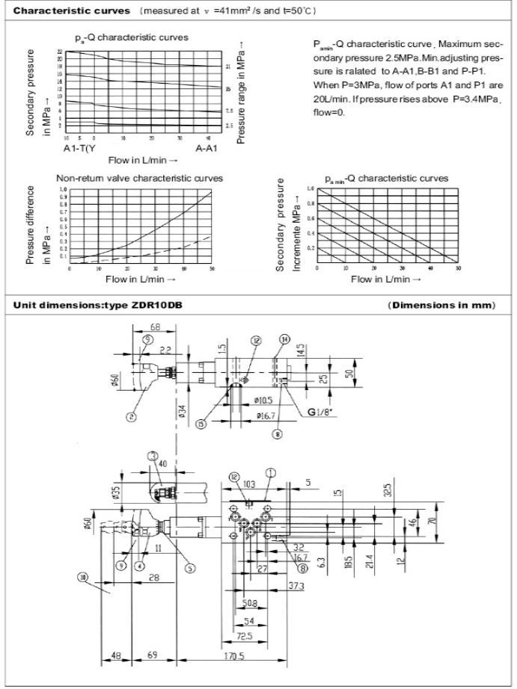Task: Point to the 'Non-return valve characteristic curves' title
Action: [x=139, y=179]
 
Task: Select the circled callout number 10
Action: [x=82, y=575]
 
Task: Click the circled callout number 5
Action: [x=190, y=568]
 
